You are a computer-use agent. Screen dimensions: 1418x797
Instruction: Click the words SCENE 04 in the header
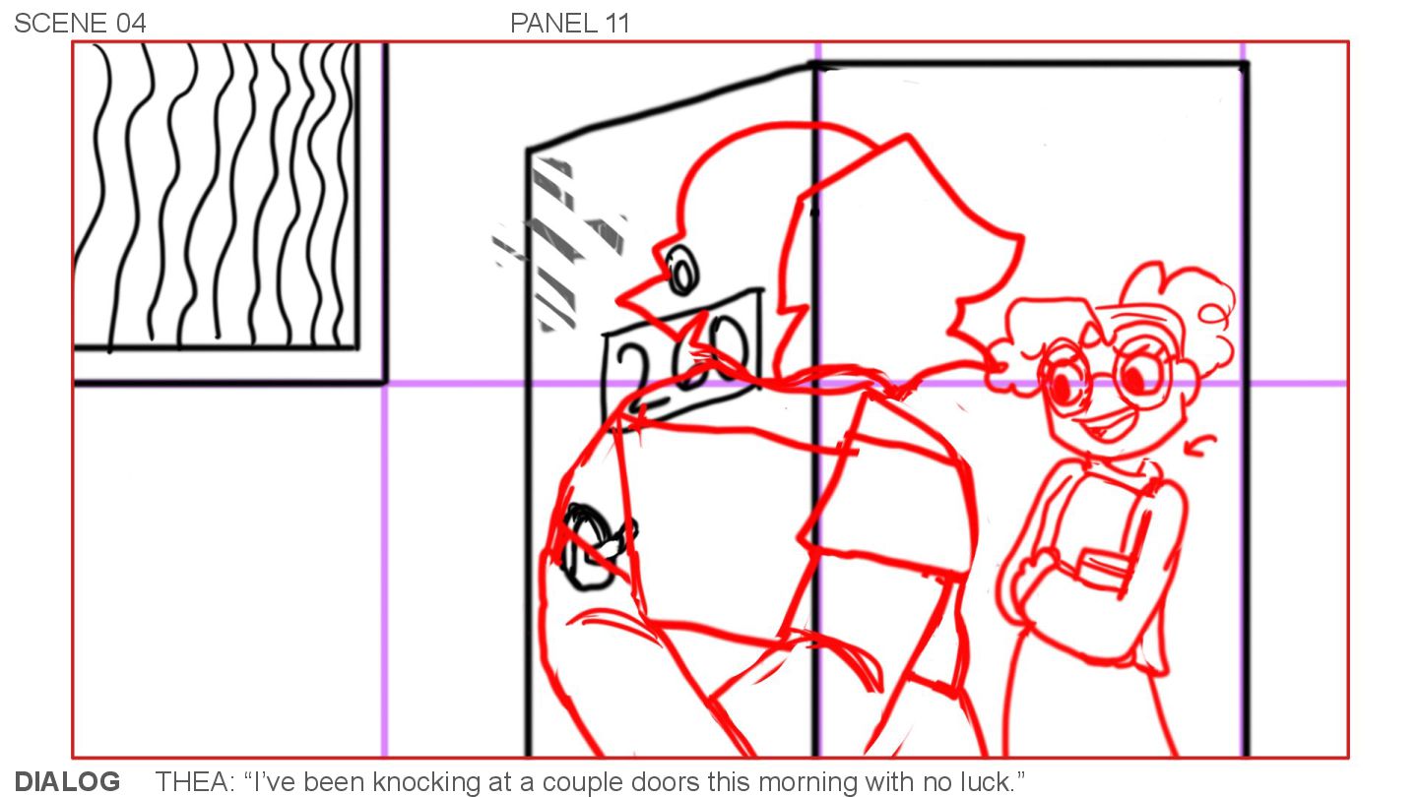(81, 24)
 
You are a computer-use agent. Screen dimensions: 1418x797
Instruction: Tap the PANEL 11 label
(570, 24)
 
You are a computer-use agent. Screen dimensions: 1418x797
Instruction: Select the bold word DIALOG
(67, 781)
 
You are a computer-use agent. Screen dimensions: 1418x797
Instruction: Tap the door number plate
(682, 358)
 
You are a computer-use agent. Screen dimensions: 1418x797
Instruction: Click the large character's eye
(682, 271)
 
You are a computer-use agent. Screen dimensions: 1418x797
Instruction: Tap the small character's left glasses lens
(1065, 380)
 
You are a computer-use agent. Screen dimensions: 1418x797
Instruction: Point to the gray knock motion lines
(558, 244)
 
